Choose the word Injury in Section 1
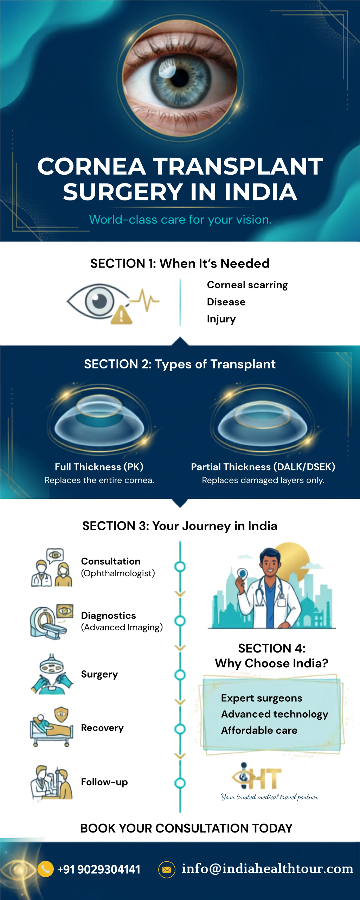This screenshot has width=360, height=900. click(x=221, y=319)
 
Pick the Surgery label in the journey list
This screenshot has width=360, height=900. click(x=99, y=674)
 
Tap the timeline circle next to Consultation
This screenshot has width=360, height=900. click(x=180, y=566)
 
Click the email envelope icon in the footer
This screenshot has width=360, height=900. click(x=167, y=870)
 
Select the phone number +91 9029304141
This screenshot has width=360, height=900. click(x=99, y=869)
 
